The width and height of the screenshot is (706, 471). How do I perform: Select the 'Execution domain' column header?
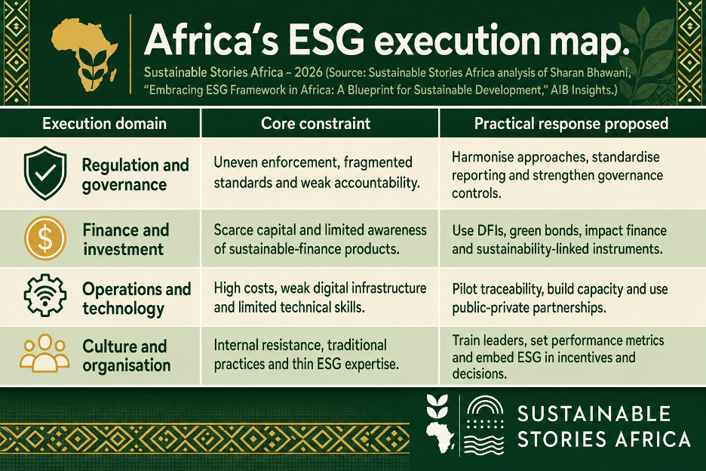(104, 124)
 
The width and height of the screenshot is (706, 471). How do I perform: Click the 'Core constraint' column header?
(315, 124)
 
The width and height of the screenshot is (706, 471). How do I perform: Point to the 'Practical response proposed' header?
(571, 124)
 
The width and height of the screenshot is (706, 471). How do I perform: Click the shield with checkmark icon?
(45, 173)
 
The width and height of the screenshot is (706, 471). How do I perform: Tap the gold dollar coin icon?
(45, 238)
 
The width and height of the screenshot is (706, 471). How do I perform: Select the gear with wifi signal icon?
(45, 295)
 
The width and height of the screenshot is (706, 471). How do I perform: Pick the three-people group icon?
(45, 353)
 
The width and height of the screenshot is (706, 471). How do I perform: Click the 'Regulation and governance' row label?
(135, 175)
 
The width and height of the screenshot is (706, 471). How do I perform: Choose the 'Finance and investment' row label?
(126, 239)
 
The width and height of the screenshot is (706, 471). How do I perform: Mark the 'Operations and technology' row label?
(137, 298)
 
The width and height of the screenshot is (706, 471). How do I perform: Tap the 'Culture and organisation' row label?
(126, 356)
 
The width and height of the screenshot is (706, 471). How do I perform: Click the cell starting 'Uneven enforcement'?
(317, 172)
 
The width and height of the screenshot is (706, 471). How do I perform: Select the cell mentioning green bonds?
(559, 239)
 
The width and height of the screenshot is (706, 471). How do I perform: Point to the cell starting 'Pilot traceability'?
(560, 298)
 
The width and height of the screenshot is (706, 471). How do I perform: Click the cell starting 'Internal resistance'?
(306, 354)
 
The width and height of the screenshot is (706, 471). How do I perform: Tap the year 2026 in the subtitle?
(308, 72)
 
